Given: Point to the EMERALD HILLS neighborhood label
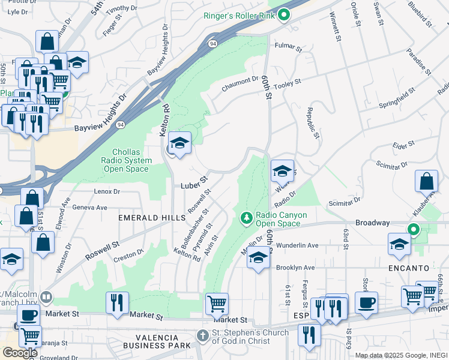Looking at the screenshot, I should click(x=152, y=218).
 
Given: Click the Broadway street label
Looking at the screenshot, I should click(x=372, y=223).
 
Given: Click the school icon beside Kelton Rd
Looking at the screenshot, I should click(x=179, y=143).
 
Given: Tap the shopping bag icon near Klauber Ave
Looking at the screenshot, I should click(x=426, y=181).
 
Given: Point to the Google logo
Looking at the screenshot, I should click(x=20, y=353).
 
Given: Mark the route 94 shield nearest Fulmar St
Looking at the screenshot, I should click(x=213, y=43).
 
